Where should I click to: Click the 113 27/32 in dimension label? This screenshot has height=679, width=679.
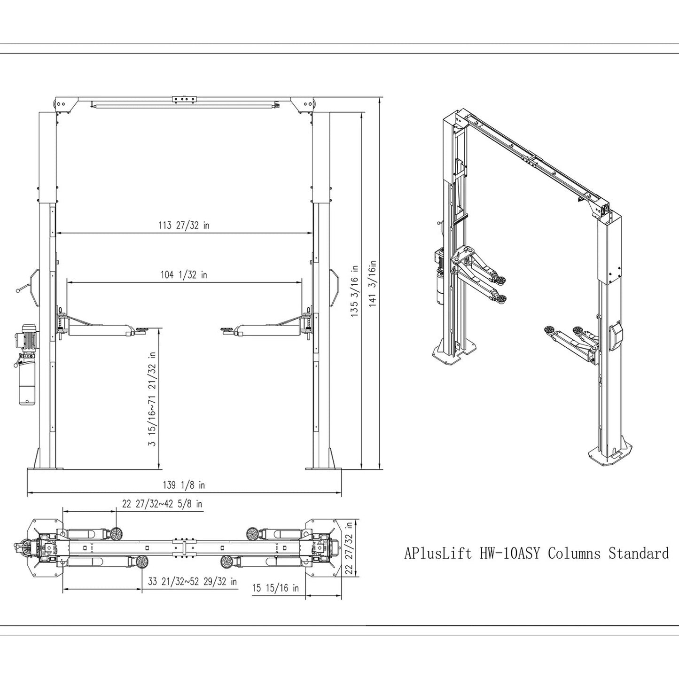click(x=184, y=226)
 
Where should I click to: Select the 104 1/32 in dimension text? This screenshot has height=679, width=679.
click(x=184, y=275)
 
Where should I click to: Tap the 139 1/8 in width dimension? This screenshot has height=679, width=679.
click(x=184, y=485)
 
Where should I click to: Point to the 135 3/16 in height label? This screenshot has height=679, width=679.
click(x=355, y=291)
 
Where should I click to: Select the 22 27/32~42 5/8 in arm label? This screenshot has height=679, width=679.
click(x=162, y=504)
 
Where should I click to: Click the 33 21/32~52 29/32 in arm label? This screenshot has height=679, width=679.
click(x=192, y=582)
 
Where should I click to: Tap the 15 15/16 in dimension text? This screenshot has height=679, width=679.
click(x=275, y=588)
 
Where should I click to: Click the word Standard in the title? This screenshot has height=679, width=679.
click(x=639, y=553)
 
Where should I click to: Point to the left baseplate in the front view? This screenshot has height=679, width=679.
click(x=45, y=468)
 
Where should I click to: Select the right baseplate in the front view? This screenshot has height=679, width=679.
click(x=324, y=468)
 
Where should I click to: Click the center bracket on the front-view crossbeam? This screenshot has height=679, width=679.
click(x=184, y=99)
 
